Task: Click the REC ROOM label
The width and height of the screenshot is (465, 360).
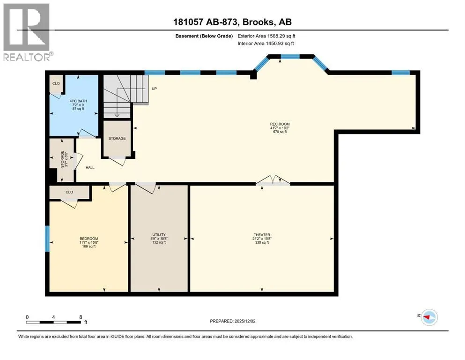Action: coord(280,124)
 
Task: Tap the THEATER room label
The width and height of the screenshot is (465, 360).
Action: coord(262,235)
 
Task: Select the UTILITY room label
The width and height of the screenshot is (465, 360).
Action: coord(159,234)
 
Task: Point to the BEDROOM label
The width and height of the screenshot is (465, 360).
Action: coord(89,239)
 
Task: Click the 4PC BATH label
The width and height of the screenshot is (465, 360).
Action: coord(78,101)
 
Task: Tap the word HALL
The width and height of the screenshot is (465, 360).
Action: coord(90,167)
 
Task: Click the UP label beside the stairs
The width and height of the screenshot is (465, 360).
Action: coord(154,89)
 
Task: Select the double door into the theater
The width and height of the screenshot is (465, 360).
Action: coord(273,180)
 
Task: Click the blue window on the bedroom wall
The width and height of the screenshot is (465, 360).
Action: coord(47,239)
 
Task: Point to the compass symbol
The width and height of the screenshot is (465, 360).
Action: coord(429,317)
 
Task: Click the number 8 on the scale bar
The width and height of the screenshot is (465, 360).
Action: coord(81,317)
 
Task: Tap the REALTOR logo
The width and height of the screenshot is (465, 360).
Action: coord(27,32)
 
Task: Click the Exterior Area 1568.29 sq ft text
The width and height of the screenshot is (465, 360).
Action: coord(266,36)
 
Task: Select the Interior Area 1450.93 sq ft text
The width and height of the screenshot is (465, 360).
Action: coord(266,43)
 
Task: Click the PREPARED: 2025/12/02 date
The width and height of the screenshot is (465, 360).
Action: coord(232,321)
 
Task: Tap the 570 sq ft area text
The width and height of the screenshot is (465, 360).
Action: coord(280,132)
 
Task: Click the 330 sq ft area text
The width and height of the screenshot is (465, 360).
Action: coord(262,242)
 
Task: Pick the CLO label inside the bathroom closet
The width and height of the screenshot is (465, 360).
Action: coord(56,83)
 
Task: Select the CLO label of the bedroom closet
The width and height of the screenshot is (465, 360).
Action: coord(69,192)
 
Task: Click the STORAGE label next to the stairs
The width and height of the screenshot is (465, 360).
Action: coord(117,138)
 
